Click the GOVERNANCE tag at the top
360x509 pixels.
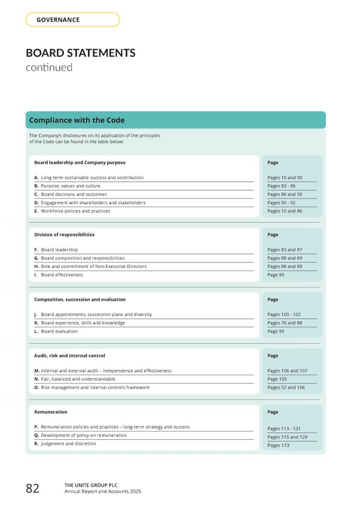click(x=58, y=20)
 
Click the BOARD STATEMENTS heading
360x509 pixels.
click(x=80, y=53)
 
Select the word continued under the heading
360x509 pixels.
click(x=49, y=67)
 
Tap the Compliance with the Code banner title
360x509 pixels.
click(x=77, y=121)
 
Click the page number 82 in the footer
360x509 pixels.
click(x=32, y=489)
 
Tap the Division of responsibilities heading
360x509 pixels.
click(x=64, y=235)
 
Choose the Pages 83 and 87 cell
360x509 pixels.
click(x=284, y=250)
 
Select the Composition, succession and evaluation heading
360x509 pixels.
click(x=80, y=300)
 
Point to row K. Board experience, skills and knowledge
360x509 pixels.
click(x=80, y=323)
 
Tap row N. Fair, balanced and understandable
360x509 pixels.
click(x=75, y=379)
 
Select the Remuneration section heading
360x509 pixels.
click(x=51, y=412)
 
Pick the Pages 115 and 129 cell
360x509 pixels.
click(x=286, y=437)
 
